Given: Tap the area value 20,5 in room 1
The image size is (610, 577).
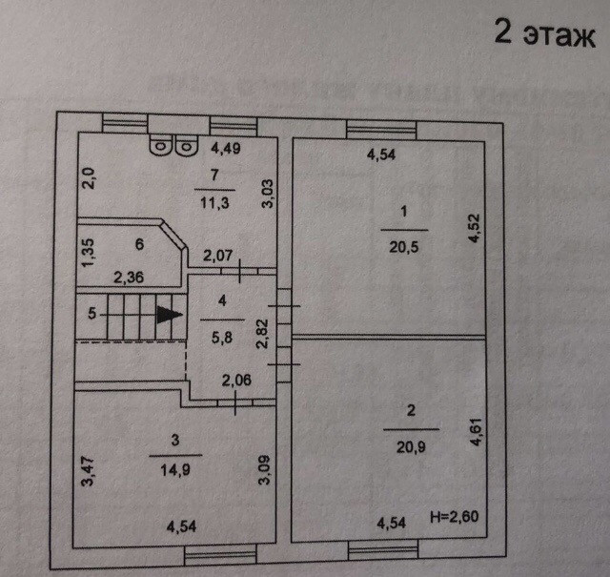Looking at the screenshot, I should pos(404,244).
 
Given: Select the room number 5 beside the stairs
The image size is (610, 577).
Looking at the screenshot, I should pos(91,312).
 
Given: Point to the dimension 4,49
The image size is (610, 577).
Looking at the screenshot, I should pos(228,148).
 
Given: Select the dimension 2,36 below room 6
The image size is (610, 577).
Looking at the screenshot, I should pos(131,278).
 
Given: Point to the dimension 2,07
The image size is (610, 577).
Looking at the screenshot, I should pos(219,255).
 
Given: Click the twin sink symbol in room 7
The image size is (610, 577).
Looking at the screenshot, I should pos(170,147).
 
